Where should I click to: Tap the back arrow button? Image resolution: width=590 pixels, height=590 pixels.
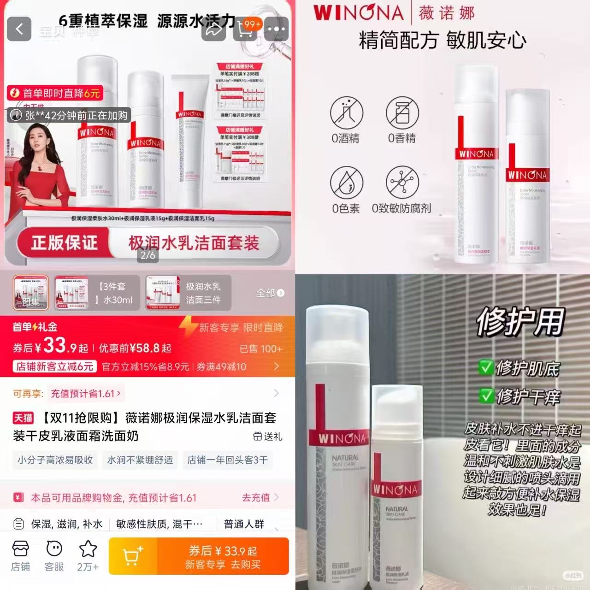(x=19, y=29)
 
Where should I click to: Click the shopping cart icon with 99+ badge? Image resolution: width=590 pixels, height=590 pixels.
(x=246, y=29)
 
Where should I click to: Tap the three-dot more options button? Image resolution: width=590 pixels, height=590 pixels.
(x=276, y=29)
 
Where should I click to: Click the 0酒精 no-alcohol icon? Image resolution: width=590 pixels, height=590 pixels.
(x=347, y=112)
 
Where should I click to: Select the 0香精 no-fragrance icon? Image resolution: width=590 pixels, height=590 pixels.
(x=402, y=112)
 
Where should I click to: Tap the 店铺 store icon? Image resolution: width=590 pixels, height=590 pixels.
(x=20, y=550)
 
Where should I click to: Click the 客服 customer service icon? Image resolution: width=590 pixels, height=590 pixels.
(x=54, y=550)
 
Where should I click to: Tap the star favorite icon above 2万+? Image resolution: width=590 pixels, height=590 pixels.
(x=88, y=549)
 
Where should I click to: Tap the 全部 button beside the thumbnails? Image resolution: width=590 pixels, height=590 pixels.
(x=270, y=293)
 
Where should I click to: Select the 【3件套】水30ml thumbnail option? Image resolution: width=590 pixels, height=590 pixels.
(x=97, y=293)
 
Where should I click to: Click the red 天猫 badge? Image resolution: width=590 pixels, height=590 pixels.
(x=23, y=418)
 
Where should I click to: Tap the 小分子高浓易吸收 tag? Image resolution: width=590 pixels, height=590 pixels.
(x=55, y=460)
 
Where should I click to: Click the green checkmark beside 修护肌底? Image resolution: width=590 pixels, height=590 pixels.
(x=486, y=367)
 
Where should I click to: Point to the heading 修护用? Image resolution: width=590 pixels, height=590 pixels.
(x=520, y=321)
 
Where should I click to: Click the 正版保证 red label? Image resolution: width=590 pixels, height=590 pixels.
(x=65, y=243)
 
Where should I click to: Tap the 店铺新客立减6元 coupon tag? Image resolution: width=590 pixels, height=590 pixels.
(x=55, y=366)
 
